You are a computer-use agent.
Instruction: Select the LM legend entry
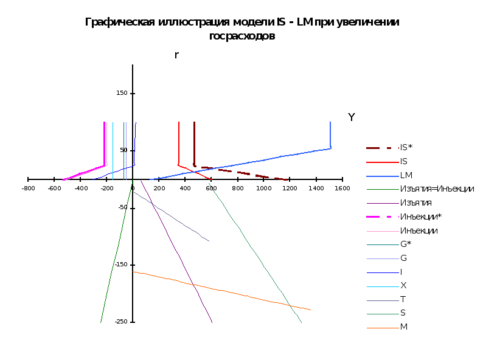(x=406, y=175)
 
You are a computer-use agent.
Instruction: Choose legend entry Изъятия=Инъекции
(x=436, y=189)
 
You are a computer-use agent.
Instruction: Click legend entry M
(x=404, y=327)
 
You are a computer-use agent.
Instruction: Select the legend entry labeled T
(x=403, y=299)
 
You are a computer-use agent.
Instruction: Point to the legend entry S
(x=403, y=313)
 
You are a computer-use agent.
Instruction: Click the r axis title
(x=176, y=55)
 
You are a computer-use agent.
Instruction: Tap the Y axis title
(x=352, y=117)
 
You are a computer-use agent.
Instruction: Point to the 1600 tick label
(x=342, y=189)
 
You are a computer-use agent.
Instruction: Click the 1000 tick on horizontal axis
(x=263, y=189)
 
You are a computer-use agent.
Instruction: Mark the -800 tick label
(x=28, y=189)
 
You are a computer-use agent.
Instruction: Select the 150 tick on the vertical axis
(x=122, y=93)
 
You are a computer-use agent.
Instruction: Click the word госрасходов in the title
(x=242, y=36)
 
